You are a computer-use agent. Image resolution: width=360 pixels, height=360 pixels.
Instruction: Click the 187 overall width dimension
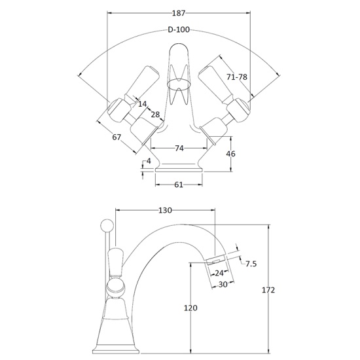tap(178, 12)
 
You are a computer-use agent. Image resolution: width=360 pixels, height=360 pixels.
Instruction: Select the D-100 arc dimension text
tap(179, 29)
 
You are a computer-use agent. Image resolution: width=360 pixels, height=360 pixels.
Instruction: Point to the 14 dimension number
tap(142, 104)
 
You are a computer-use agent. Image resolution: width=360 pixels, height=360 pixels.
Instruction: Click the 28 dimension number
tap(155, 115)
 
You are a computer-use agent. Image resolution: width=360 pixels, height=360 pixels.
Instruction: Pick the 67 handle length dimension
tap(117, 137)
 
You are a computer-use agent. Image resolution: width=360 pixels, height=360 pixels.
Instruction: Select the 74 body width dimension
tap(179, 149)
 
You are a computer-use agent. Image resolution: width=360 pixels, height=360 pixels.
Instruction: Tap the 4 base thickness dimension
tap(149, 161)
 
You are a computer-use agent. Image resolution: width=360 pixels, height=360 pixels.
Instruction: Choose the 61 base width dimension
tap(179, 185)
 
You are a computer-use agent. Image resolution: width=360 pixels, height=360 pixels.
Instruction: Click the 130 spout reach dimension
tap(165, 211)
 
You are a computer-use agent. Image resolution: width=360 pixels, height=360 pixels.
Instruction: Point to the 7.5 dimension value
tap(251, 264)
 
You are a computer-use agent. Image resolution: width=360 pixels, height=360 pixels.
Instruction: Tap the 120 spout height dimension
tap(190, 308)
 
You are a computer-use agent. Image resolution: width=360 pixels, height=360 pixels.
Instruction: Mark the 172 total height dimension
tap(268, 290)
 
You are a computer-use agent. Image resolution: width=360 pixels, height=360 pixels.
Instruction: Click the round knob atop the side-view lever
tap(105, 225)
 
